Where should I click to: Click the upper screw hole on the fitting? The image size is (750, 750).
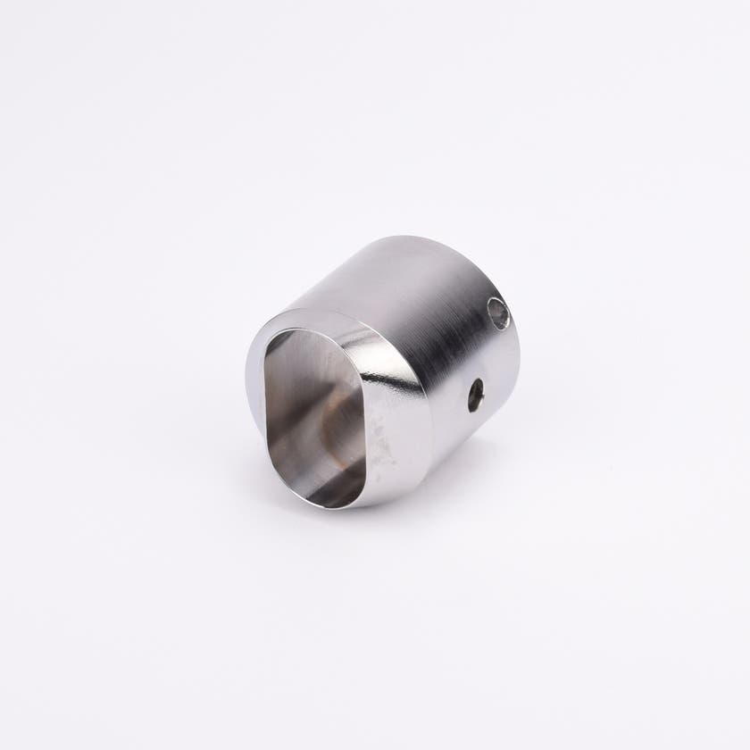tap(498, 312)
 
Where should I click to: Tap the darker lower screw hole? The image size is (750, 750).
tap(476, 395)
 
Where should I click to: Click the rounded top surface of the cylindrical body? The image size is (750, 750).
tap(393, 268)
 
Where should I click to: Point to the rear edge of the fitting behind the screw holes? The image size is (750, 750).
tap(514, 357)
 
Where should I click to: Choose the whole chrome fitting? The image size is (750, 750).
tap(384, 371)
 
